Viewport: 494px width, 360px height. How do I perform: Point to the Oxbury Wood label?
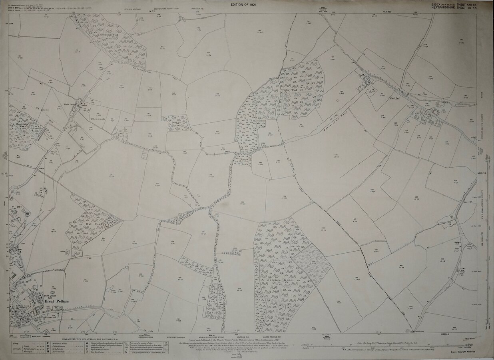pos(291,90)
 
